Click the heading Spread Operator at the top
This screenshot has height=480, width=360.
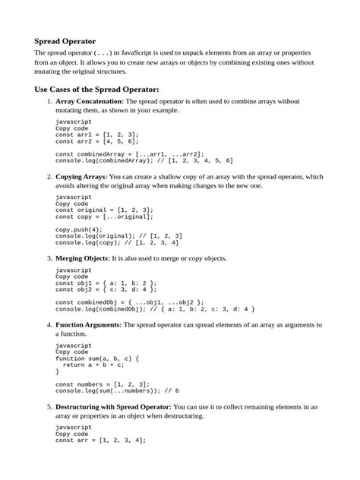pyautogui.click(x=65, y=40)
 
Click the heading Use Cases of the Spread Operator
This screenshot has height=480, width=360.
pyautogui.click(x=96, y=88)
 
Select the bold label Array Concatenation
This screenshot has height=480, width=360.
pyautogui.click(x=89, y=101)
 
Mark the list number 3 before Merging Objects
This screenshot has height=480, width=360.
pyautogui.click(x=49, y=258)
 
